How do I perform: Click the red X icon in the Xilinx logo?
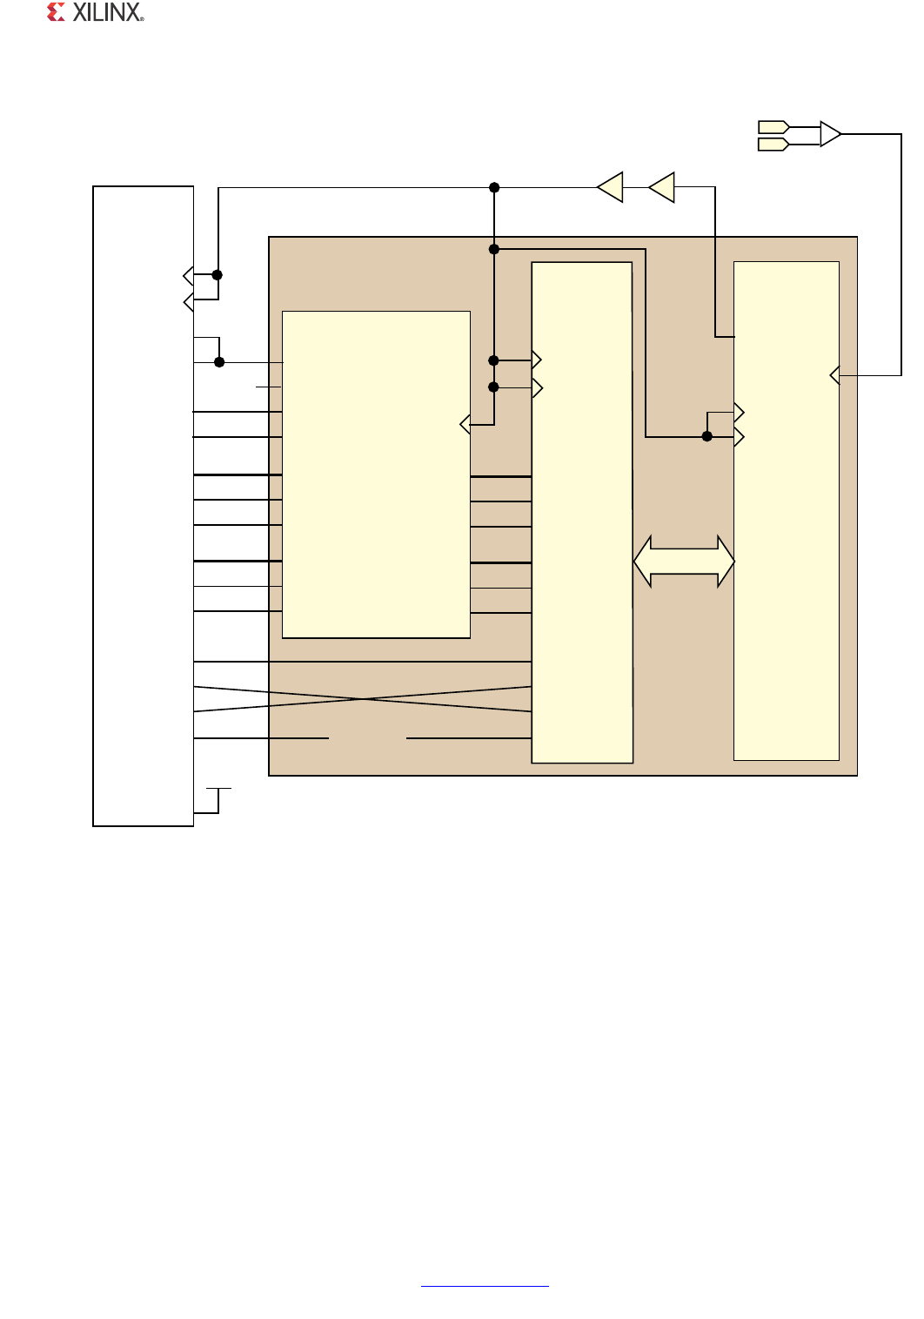[x=56, y=12]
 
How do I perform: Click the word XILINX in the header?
[x=108, y=12]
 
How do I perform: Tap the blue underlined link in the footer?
[x=485, y=1286]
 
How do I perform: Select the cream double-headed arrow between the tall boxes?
[x=684, y=562]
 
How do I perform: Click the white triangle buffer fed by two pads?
[x=830, y=134]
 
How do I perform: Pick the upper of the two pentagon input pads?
[x=773, y=126]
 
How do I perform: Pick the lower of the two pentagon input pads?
[x=773, y=145]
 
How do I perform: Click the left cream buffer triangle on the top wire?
[x=611, y=187]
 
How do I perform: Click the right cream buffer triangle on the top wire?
[x=663, y=187]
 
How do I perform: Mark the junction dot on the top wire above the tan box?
[x=494, y=187]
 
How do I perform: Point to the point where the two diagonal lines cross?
[x=363, y=699]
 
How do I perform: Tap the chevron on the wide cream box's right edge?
[x=465, y=424]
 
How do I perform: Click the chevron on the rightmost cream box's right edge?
[x=834, y=375]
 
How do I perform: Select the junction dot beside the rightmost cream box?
[x=707, y=436]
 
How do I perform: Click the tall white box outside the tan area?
[x=143, y=506]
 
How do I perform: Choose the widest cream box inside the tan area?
[x=376, y=474]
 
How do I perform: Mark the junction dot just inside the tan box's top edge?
[x=494, y=249]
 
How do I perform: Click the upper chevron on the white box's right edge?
[x=188, y=276]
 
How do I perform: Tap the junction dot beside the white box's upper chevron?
[x=218, y=275]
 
